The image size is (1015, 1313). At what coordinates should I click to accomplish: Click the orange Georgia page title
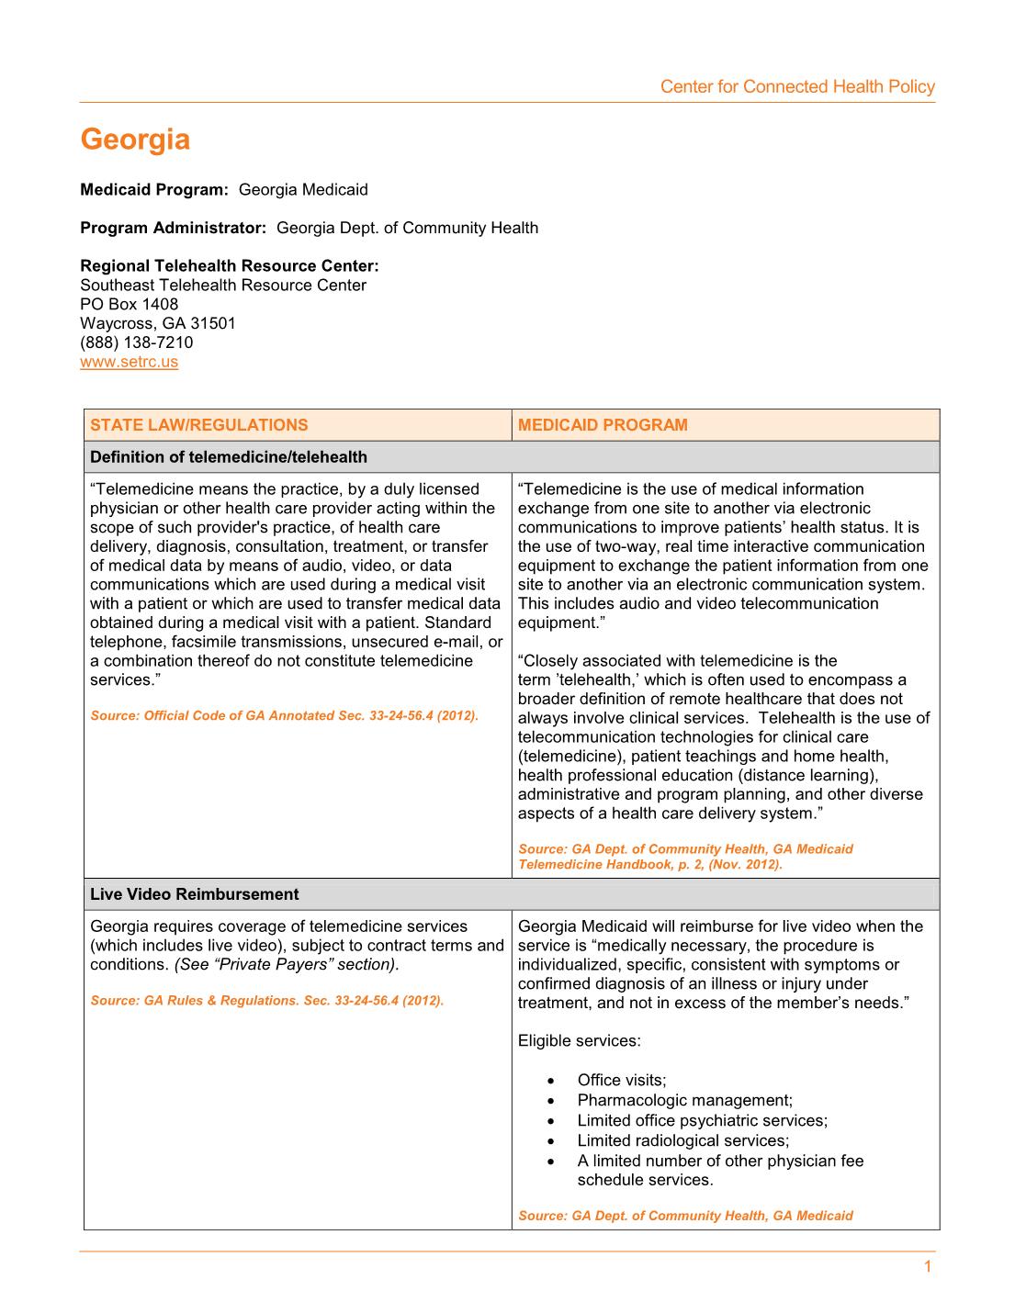135,140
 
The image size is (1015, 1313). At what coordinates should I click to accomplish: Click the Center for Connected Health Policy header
796,87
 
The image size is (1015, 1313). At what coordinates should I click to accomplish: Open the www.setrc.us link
129,362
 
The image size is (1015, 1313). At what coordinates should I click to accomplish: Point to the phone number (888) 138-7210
136,342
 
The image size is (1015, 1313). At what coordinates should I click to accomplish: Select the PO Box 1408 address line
129,304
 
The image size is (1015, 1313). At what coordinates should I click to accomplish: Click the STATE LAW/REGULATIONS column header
198,425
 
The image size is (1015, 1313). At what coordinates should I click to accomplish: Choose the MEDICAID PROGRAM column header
602,425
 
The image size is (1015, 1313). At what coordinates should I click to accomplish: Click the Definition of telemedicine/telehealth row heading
228,457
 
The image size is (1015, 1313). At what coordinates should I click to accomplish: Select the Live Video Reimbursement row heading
194,894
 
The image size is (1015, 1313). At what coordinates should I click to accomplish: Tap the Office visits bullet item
621,1080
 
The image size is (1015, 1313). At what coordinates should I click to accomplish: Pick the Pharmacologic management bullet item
684,1100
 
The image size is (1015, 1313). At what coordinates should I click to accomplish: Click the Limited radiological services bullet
682,1140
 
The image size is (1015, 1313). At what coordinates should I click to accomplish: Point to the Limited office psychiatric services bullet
702,1120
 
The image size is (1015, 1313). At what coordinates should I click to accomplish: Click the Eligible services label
579,1041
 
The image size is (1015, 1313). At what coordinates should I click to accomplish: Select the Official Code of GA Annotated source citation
284,715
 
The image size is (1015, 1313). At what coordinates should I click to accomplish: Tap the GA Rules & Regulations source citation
266,1000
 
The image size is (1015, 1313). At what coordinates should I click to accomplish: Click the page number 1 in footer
927,1267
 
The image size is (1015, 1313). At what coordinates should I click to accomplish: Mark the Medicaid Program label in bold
153,190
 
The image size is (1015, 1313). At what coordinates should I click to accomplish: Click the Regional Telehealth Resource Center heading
229,266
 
